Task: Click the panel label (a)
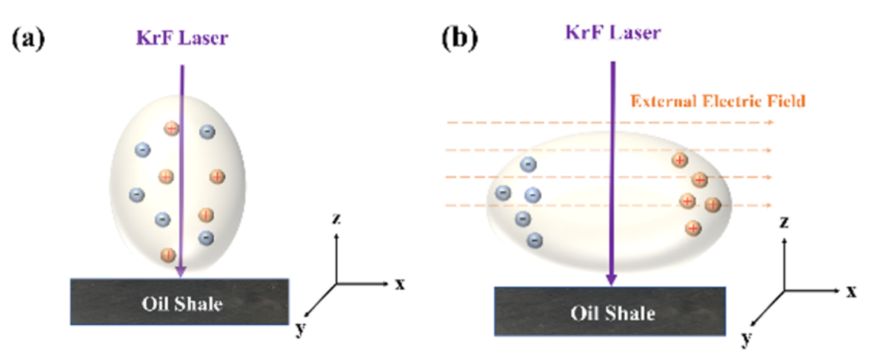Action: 28,40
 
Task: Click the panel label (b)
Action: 460,39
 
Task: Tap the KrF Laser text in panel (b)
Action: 613,32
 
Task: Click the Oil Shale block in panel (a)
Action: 180,302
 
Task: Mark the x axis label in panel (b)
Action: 851,291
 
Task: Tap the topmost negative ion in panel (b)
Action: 528,164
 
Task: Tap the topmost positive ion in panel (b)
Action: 680,160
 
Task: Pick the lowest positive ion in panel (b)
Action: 693,227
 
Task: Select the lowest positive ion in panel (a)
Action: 167,255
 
